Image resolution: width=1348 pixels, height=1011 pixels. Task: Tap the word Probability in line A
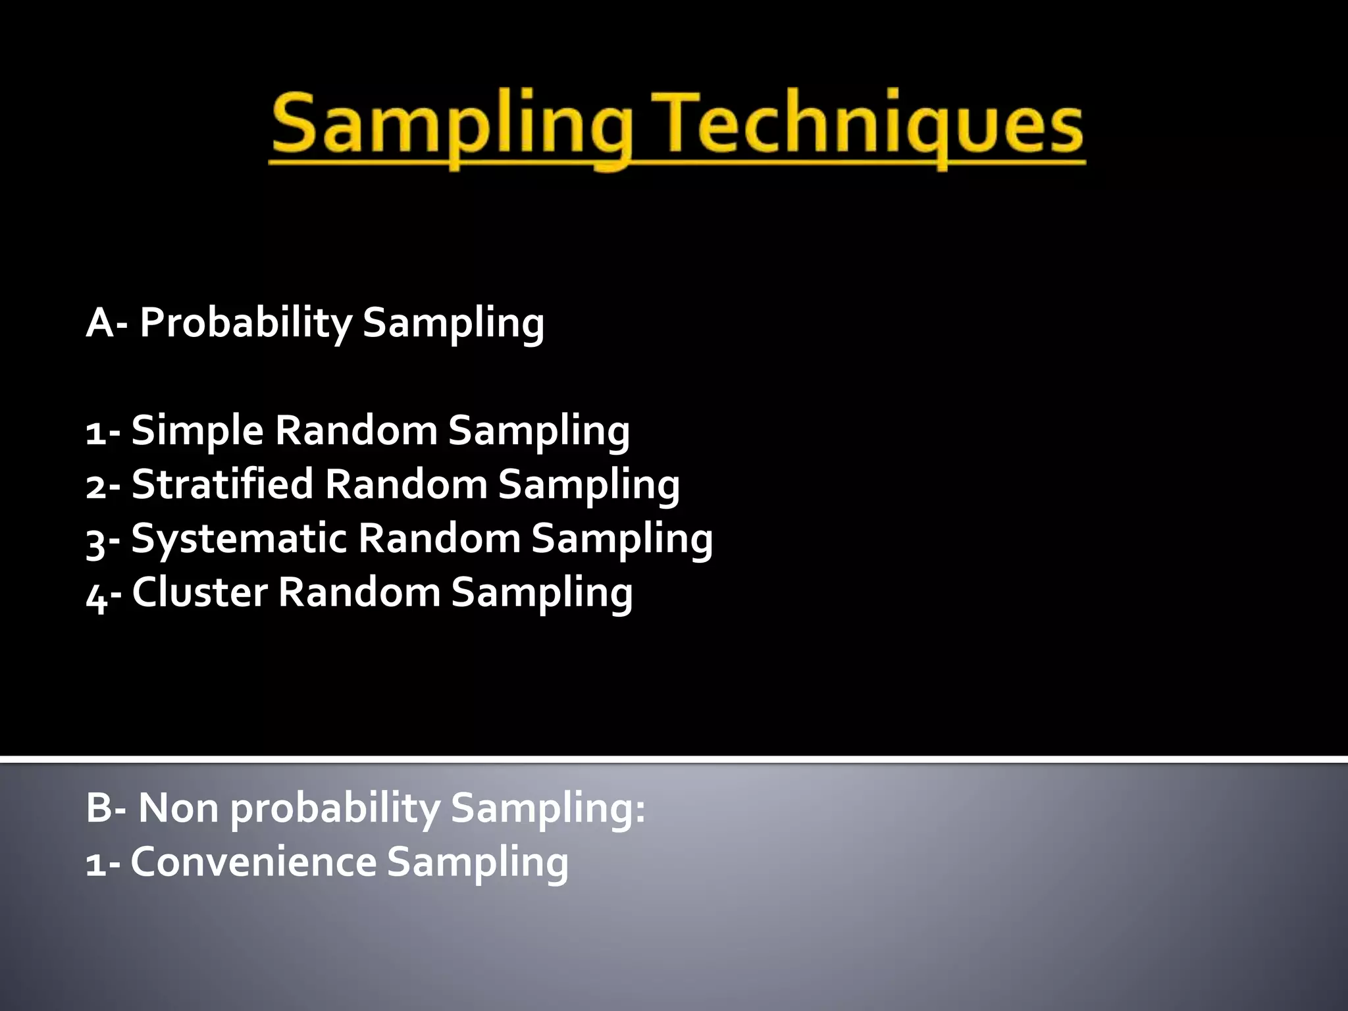click(246, 324)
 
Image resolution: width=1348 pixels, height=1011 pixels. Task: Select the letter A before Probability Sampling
click(100, 324)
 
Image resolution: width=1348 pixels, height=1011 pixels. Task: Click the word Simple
click(197, 432)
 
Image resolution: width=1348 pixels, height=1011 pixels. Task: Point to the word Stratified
click(222, 485)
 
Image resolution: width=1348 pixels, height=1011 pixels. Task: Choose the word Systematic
click(238, 539)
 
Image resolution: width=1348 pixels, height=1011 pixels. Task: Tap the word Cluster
click(199, 592)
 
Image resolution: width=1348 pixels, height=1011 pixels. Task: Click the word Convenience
click(253, 862)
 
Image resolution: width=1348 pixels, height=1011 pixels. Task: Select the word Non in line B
click(178, 808)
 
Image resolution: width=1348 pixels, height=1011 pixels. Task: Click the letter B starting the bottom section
click(99, 808)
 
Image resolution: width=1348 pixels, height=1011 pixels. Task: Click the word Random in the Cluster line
click(359, 592)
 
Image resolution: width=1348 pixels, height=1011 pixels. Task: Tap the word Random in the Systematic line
click(439, 539)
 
